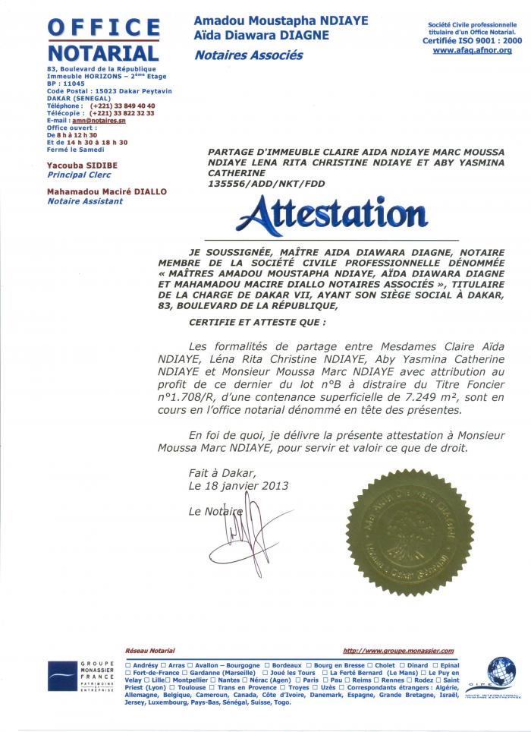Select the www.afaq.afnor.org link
tap(473, 50)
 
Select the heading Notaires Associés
tap(249, 55)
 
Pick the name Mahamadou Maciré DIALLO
tap(106, 192)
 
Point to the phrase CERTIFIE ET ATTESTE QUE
tap(244, 323)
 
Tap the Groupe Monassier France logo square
tap(62, 676)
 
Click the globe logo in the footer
tap(500, 671)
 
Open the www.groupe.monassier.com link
tap(398, 651)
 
